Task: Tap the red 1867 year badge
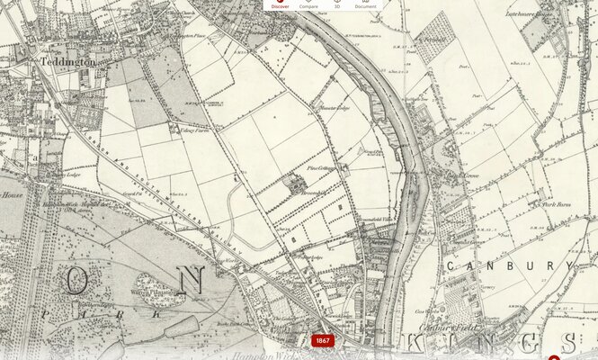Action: click(x=323, y=341)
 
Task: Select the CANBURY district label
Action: click(x=510, y=266)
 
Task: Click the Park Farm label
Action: click(x=558, y=205)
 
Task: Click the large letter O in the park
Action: click(x=76, y=281)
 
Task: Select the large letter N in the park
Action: click(x=190, y=280)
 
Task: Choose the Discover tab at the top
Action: click(x=281, y=4)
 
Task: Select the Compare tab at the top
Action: click(x=308, y=4)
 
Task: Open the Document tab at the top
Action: click(x=365, y=4)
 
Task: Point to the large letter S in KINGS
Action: click(x=568, y=343)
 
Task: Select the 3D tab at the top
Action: click(x=336, y=4)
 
